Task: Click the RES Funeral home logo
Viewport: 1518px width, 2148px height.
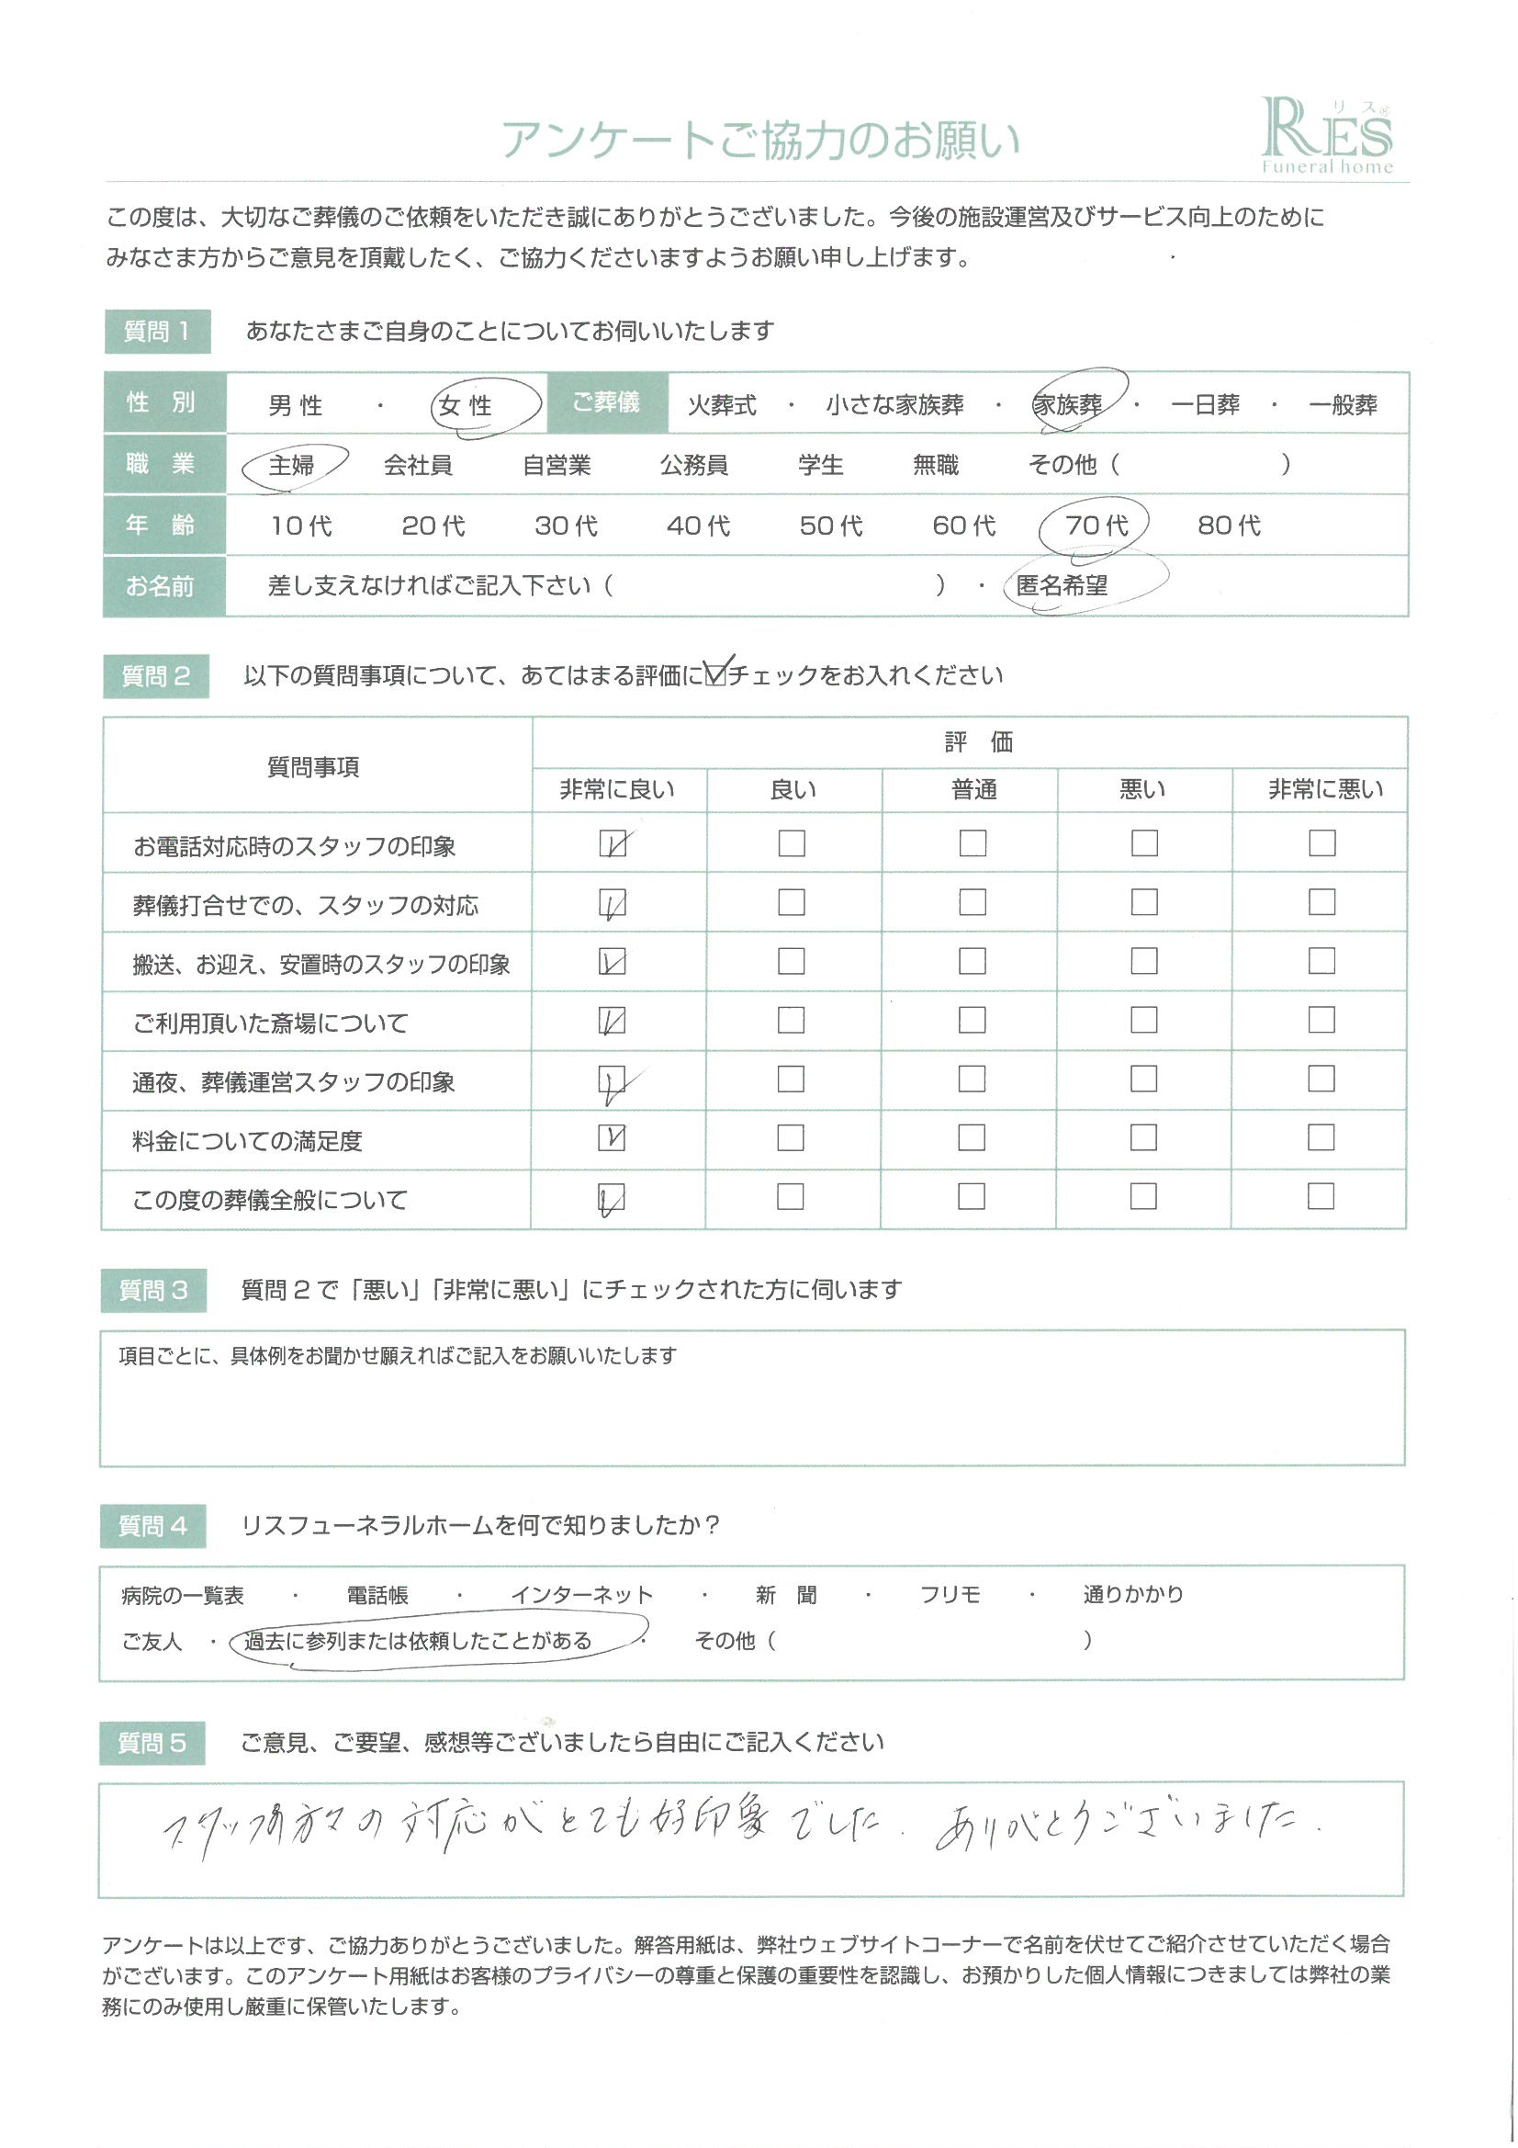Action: pos(1326,137)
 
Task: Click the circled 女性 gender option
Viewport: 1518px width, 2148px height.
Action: pos(465,406)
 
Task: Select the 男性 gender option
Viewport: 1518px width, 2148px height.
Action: pos(295,406)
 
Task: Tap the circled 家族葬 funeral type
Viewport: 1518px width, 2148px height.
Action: pos(1067,405)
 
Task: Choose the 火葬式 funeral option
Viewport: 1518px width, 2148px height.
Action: pos(721,406)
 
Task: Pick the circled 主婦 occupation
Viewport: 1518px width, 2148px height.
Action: pos(291,465)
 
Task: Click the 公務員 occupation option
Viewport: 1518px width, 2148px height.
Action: pos(693,465)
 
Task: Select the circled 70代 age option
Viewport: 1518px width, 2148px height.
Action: pos(1096,526)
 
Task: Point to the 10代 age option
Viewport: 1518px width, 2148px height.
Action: pos(301,526)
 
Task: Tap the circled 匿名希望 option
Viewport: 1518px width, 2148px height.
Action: pos(1062,585)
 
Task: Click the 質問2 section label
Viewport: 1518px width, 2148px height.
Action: pos(155,676)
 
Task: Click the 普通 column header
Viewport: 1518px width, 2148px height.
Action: pos(973,790)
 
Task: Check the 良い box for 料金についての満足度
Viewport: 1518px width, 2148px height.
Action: pos(791,1137)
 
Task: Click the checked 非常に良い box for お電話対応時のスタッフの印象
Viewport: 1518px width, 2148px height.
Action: pos(613,843)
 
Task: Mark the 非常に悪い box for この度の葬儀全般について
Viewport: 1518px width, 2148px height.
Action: pos(1321,1196)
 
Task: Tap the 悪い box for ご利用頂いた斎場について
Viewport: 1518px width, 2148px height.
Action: pos(1144,1020)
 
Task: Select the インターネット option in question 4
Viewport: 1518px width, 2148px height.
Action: pos(581,1595)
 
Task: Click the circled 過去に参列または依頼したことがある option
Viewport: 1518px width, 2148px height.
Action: pos(417,1641)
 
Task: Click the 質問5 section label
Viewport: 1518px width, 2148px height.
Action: pos(152,1743)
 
